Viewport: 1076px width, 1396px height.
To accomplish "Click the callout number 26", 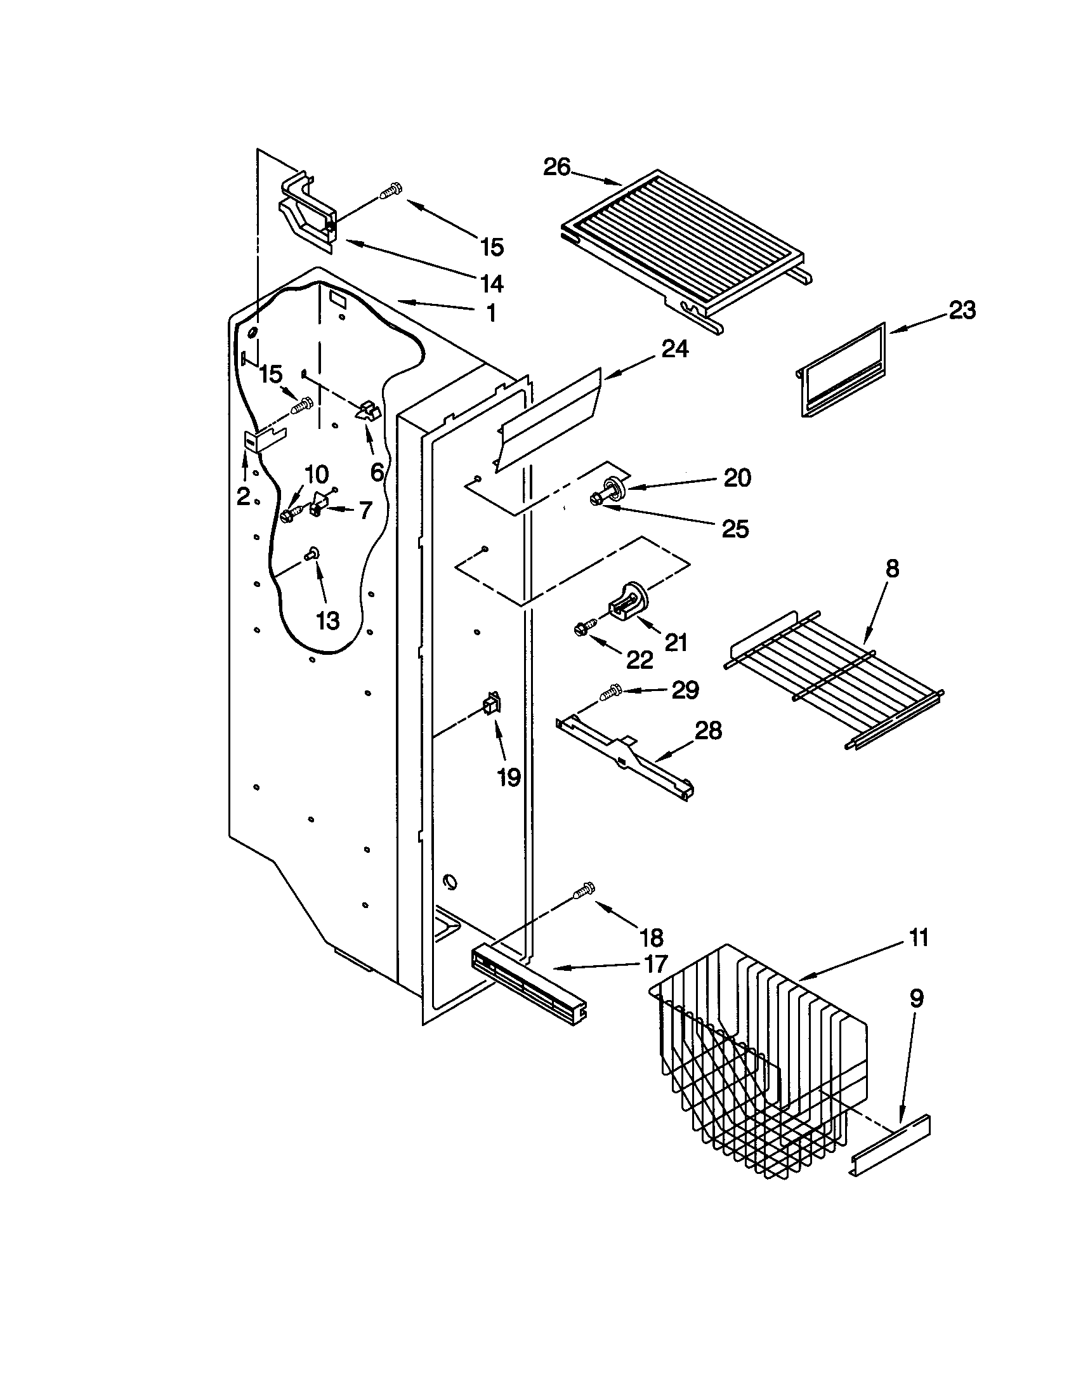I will tap(556, 168).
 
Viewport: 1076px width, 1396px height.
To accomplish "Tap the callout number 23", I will tap(962, 311).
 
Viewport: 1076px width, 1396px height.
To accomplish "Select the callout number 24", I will tap(675, 349).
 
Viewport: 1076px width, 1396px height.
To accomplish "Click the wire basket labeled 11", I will tap(760, 1061).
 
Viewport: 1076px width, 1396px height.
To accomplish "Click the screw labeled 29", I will tap(612, 692).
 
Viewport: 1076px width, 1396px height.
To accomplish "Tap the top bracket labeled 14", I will tap(306, 214).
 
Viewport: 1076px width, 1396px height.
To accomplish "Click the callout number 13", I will tap(328, 619).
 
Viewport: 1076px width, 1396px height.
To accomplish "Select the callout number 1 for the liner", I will tap(490, 314).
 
